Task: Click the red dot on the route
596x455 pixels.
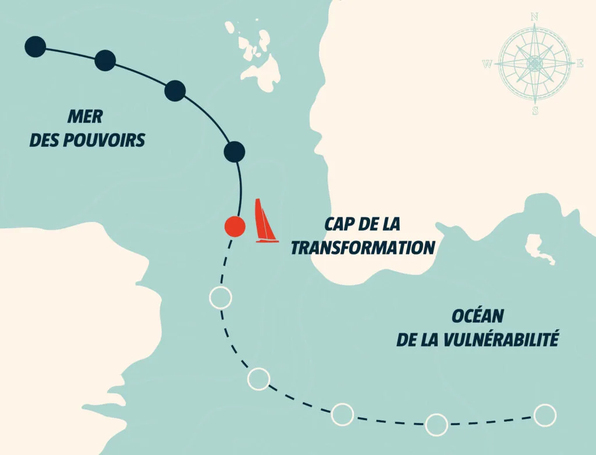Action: [235, 226]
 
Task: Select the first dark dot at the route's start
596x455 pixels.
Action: [36, 47]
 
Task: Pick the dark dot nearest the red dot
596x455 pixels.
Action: [234, 151]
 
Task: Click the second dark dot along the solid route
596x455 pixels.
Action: [105, 60]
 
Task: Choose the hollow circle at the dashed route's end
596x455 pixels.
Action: [545, 415]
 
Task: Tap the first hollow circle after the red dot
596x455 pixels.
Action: [220, 298]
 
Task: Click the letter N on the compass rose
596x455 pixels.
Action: [534, 16]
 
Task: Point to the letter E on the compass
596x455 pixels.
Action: [580, 64]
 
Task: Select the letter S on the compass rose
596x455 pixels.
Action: [535, 111]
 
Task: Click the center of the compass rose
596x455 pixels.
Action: [534, 63]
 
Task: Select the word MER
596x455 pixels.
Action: [85, 117]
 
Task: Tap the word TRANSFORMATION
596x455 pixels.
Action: [363, 248]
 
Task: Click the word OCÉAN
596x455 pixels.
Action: [477, 316]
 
